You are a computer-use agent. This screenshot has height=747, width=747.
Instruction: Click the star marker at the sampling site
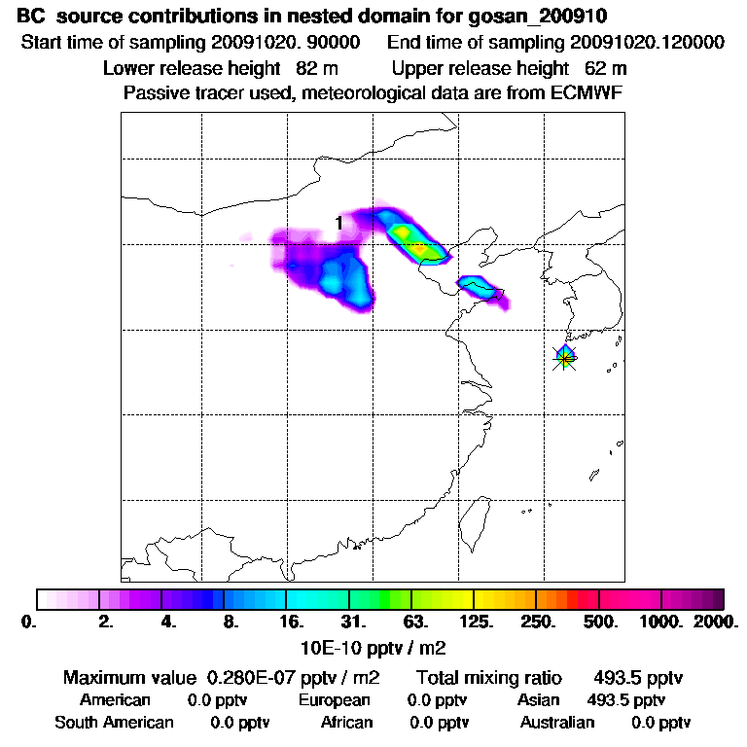pos(565,357)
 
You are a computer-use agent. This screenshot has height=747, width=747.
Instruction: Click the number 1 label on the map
pos(338,223)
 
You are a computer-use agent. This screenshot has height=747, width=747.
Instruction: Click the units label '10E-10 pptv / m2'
pos(373,646)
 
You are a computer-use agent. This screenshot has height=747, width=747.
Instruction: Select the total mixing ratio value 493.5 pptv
pos(629,677)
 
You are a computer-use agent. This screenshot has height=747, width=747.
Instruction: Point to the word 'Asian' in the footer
pos(540,699)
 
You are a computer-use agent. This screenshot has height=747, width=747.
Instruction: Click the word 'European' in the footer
pos(335,699)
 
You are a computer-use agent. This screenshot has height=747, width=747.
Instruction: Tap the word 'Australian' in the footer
pos(557,722)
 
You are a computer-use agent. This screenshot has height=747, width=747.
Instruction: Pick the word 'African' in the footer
pos(347,722)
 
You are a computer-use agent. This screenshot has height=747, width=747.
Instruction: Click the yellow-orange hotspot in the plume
pos(420,249)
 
